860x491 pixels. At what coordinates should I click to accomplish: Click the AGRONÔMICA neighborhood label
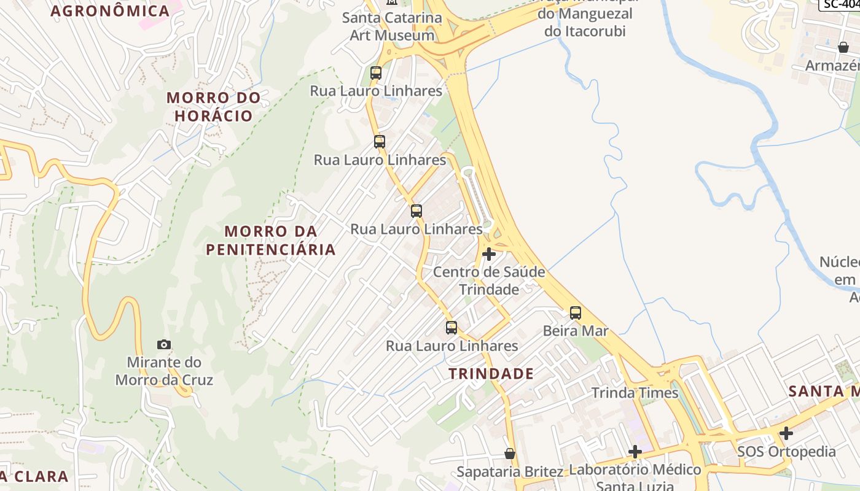click(110, 11)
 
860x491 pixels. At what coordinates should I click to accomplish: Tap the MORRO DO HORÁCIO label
click(214, 107)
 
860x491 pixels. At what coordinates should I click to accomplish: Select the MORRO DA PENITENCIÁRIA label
click(271, 241)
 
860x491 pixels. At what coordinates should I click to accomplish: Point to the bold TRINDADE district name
click(491, 374)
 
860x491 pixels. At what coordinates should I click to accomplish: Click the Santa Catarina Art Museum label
click(392, 26)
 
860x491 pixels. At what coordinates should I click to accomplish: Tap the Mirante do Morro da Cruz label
click(164, 371)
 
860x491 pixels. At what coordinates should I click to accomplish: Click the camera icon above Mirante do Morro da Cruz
click(164, 344)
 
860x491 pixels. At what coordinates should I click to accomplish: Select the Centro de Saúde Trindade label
click(489, 280)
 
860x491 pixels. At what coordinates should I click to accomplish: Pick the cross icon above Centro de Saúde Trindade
click(489, 254)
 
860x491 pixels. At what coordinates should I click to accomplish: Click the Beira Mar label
click(576, 331)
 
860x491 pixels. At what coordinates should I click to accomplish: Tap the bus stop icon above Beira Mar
click(576, 313)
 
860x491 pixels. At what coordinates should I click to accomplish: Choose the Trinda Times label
click(635, 393)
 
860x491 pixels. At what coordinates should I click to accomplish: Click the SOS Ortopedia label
click(786, 452)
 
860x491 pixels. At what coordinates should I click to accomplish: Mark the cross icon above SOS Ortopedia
click(786, 434)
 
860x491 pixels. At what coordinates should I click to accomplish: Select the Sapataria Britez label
click(509, 472)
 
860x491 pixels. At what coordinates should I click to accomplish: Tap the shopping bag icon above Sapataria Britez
click(509, 454)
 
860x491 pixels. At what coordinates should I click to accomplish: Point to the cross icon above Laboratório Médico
click(635, 452)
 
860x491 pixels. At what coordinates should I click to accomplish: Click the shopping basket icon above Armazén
click(843, 47)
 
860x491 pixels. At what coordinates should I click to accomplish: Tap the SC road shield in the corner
click(840, 4)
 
